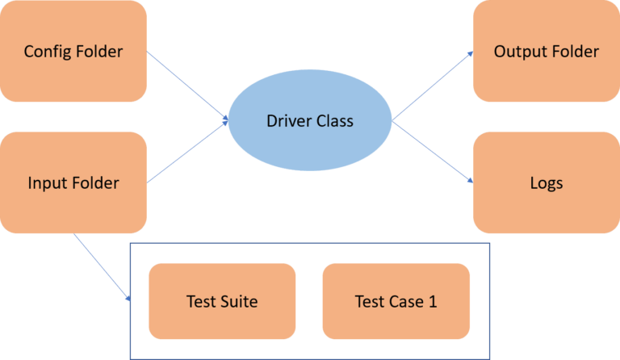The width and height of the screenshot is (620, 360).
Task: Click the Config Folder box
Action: [73, 51]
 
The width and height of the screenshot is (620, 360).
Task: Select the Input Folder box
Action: [73, 182]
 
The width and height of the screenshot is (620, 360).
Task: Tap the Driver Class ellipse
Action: [310, 120]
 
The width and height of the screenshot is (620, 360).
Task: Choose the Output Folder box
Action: [547, 51]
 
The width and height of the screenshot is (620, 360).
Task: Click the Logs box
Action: [547, 182]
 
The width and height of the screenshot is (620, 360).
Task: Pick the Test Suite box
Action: [222, 301]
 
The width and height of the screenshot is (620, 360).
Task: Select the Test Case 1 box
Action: [396, 301]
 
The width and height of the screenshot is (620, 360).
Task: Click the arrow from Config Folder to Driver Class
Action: [187, 86]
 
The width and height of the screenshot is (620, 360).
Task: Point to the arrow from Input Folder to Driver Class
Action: [187, 152]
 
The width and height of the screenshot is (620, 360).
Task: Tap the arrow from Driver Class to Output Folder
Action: [433, 86]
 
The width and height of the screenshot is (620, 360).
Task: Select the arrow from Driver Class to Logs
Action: [433, 152]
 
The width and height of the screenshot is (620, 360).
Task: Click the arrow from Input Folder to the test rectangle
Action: [102, 267]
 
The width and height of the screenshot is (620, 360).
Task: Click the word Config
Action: [48, 52]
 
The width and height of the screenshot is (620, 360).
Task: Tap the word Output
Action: [520, 52]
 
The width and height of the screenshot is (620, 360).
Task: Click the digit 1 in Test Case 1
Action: [433, 302]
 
